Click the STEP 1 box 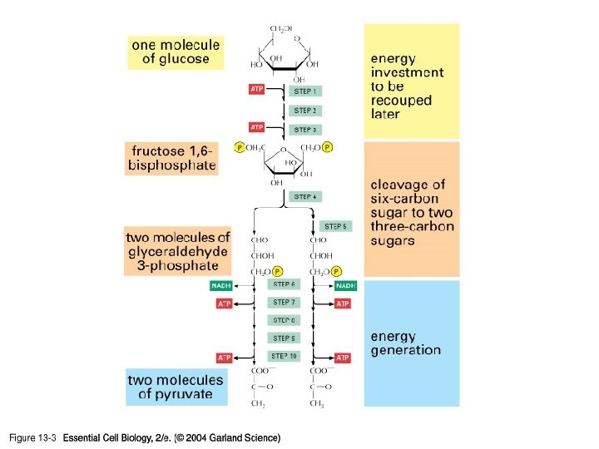coord(304,91)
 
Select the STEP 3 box coord(304,130)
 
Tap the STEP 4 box coord(304,197)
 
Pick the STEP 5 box coord(335,226)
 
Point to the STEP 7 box coord(284,303)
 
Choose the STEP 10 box coord(284,356)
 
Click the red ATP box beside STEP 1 coord(257,88)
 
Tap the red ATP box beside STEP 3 coord(257,127)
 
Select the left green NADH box coord(221,286)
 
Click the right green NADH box coord(344,286)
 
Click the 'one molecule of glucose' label coord(175,52)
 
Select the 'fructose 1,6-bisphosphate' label coord(171,158)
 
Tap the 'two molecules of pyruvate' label coord(176,387)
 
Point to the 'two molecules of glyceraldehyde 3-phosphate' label coord(177,251)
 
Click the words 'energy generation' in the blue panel coord(405,343)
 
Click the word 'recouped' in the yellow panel coord(402,100)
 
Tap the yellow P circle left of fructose coord(240,148)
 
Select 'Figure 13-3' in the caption coord(32,437)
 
